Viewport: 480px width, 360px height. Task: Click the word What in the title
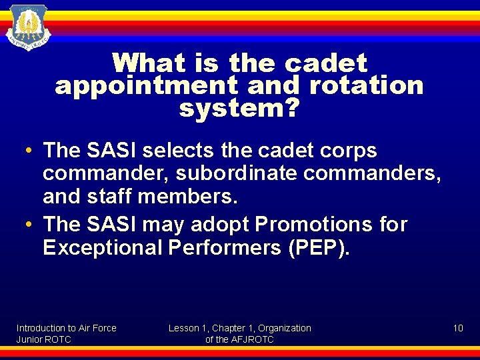148,64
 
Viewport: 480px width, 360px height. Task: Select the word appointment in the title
146,86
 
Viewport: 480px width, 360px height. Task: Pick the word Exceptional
103,248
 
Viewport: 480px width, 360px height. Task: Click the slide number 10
458,328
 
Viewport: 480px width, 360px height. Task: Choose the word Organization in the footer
285,328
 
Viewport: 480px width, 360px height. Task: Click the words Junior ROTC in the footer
43,339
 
